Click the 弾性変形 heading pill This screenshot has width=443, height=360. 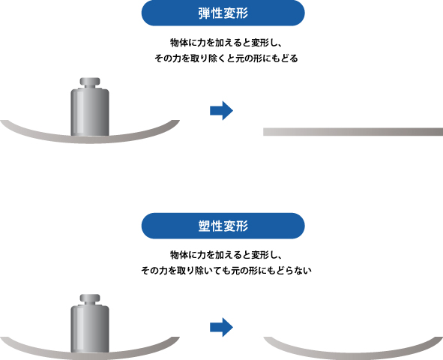pos(223,13)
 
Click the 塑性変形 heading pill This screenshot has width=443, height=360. pos(223,226)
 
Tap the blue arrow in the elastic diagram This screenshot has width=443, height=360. pos(222,110)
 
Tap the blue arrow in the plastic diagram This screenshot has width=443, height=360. pos(222,327)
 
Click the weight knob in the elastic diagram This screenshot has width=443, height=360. pos(90,82)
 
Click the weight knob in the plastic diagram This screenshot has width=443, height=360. pos(90,298)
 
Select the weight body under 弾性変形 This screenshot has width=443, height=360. pos(90,112)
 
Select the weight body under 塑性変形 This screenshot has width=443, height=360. pos(90,329)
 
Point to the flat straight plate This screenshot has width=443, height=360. pos(353,132)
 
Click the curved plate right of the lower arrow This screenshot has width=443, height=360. pos(353,355)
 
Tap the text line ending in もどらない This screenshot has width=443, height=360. pos(226,271)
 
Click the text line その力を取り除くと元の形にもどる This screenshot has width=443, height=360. pos(226,58)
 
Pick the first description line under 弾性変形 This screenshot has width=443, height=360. pos(226,43)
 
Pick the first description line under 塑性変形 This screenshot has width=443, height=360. pos(226,255)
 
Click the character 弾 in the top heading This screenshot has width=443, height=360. pos(204,13)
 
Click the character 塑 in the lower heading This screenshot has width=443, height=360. pos(204,226)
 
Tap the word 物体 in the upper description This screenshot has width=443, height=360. pos(178,43)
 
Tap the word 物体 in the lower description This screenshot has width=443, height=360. pos(178,255)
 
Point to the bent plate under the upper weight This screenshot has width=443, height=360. pos(90,139)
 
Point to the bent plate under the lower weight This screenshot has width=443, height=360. pos(90,356)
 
